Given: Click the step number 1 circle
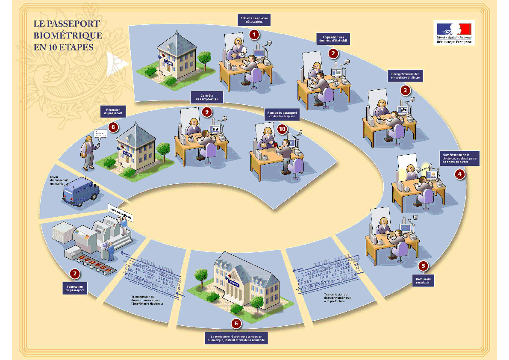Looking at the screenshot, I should coord(254,34).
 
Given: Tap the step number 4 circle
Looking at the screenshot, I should coord(460,174).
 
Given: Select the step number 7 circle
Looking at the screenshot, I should coord(75,273).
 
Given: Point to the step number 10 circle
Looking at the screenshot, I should coord(282,129).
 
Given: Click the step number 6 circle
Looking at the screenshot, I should coord(236,324).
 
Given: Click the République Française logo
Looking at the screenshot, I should coord(454,32).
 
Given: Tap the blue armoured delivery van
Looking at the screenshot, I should coord(81,190).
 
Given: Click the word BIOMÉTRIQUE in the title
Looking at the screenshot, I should coord(68,35).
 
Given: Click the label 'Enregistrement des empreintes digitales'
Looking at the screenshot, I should coord(405,76).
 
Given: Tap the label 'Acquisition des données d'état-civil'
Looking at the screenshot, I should coord(333,38).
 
